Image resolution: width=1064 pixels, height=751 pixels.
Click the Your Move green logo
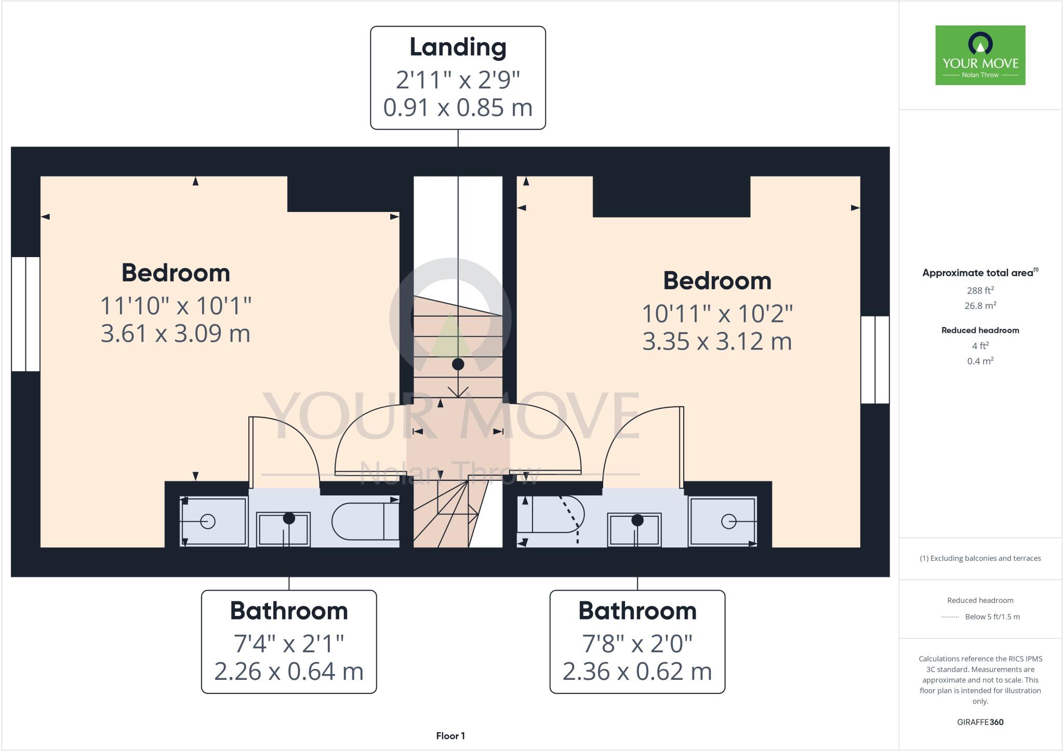980,55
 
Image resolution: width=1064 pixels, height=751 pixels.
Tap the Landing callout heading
458,47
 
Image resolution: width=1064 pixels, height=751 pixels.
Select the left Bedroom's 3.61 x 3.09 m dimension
176,333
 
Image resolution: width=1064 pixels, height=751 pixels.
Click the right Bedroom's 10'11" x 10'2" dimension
717,314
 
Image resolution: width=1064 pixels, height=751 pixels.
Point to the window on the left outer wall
25,314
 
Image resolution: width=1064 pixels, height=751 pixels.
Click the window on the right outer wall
875,359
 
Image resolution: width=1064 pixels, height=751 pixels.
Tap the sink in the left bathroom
284,529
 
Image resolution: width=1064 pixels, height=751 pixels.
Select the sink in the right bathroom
634,530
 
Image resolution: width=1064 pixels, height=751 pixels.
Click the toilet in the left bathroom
364,521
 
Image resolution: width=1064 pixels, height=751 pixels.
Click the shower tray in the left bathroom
213,521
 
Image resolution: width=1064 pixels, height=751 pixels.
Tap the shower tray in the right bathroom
723,521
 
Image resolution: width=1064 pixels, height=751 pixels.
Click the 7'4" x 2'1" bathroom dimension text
288,643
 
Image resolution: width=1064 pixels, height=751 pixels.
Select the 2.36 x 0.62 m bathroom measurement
637,672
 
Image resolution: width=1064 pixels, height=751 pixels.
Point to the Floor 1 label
450,735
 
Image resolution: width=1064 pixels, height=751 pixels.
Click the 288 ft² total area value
980,290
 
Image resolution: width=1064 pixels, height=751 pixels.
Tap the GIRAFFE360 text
980,722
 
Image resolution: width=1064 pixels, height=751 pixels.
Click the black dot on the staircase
458,364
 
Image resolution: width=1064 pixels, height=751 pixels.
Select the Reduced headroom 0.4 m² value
980,361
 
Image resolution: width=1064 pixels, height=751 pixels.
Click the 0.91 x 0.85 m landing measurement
458,108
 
